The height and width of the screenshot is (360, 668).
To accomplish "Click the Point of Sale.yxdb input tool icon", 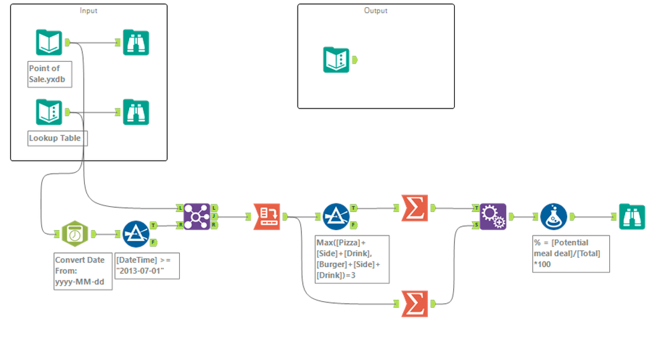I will (49, 43).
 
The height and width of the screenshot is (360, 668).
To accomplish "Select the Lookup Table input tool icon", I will (49, 112).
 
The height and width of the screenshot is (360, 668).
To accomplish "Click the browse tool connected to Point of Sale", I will (136, 43).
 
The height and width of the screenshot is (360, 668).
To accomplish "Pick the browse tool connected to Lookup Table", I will (136, 112).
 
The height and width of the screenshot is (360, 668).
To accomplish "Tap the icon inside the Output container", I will (336, 60).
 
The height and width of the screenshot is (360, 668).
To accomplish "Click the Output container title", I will (376, 11).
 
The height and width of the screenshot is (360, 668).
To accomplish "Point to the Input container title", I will (88, 11).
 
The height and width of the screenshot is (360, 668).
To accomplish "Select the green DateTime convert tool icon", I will (74, 234).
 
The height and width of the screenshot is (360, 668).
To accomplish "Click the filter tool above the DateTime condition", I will (136, 234).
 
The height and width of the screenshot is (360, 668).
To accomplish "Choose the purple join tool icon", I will (196, 216).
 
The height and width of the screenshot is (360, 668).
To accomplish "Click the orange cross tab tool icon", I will (267, 216).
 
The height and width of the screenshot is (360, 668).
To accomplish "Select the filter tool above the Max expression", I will (336, 216).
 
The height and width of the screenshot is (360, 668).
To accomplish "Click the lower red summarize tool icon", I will (415, 303).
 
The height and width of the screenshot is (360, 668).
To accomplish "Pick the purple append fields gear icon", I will (493, 216).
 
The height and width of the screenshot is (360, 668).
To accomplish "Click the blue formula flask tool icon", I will (554, 216).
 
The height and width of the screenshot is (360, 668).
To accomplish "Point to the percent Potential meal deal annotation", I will (570, 252).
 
